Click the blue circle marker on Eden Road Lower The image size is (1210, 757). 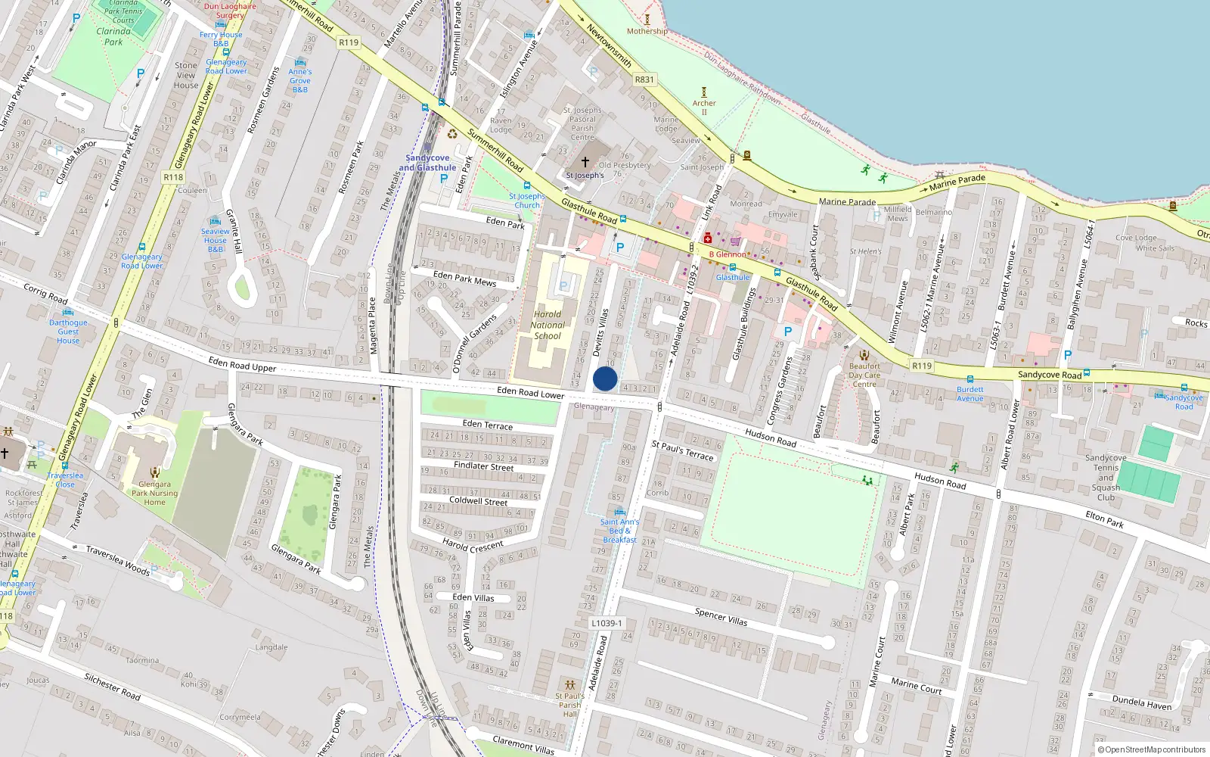point(605,378)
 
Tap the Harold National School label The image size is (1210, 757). point(548,326)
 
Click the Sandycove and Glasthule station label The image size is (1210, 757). point(427,163)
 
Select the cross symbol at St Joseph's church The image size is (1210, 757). point(585,162)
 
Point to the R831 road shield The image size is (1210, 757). point(644,79)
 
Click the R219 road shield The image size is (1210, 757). point(922,366)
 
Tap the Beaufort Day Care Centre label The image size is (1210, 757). point(864,375)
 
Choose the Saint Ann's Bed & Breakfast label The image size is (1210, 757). point(619,531)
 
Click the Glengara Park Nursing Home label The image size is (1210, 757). point(154,493)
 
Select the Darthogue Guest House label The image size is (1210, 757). point(68,332)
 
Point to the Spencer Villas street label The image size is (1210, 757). point(721,616)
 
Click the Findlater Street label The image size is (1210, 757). point(483,466)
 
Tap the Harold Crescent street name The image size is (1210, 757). point(473,545)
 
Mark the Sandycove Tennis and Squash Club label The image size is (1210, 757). point(1106,478)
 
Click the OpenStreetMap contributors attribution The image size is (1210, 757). point(1152,749)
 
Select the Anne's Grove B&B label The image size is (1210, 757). point(300,80)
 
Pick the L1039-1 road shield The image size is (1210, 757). point(607,623)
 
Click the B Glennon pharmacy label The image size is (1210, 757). point(727,254)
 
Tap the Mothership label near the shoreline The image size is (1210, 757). point(647,31)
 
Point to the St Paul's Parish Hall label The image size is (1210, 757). point(569,705)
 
